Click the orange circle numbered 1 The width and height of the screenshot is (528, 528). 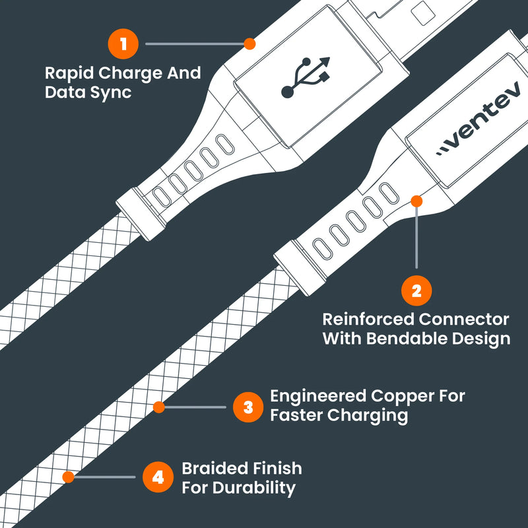click(123, 44)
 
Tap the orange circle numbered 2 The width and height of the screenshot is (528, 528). click(416, 290)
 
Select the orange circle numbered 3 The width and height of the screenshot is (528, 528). click(248, 407)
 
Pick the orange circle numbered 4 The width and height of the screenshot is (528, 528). click(158, 477)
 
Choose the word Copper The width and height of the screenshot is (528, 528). click(403, 396)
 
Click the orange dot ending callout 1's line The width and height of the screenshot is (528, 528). click(249, 44)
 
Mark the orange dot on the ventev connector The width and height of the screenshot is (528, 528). click(416, 200)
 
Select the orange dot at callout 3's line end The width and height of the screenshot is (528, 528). click(158, 407)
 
